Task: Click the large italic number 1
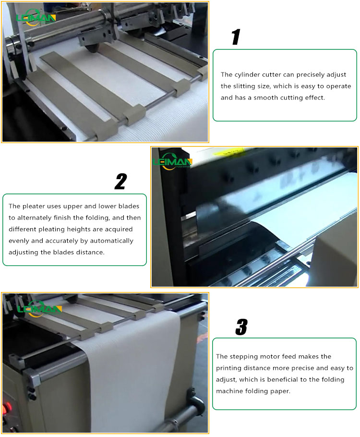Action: click(235, 37)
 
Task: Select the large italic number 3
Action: click(241, 327)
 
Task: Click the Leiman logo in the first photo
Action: click(36, 18)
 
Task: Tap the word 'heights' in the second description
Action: click(80, 230)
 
